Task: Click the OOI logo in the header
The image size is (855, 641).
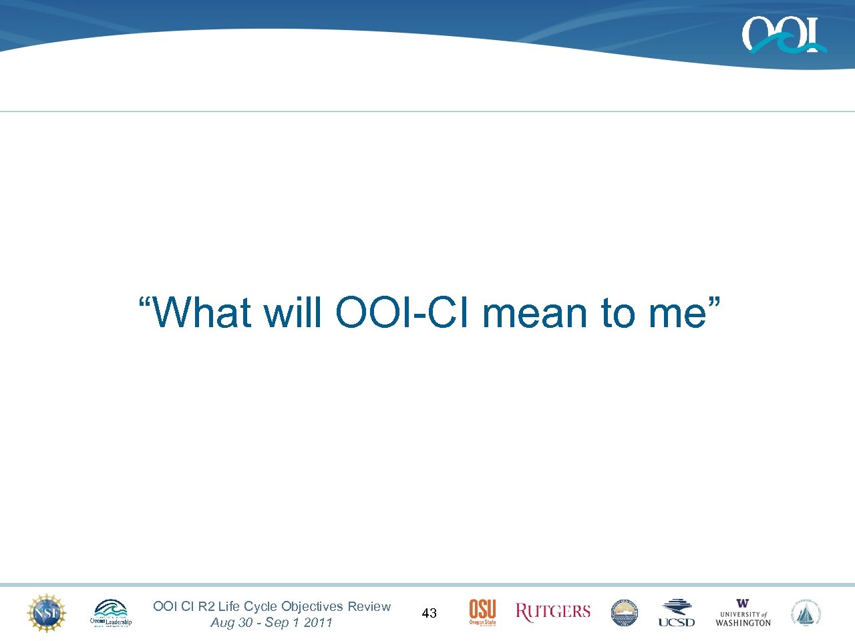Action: click(783, 35)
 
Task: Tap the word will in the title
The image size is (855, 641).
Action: click(293, 312)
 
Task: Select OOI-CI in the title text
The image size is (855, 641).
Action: click(404, 312)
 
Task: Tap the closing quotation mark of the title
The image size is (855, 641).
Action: click(714, 304)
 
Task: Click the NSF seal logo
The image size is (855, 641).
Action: click(46, 613)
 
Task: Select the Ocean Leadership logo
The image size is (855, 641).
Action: click(111, 613)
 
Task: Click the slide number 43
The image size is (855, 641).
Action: click(430, 613)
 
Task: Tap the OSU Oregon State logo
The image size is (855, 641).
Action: click(482, 612)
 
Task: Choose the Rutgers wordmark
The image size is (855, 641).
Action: click(553, 612)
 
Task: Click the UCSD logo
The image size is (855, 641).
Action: click(677, 613)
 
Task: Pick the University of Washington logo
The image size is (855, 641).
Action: click(743, 613)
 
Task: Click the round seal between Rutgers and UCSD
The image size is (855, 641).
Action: click(625, 613)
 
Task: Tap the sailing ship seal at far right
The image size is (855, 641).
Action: click(807, 613)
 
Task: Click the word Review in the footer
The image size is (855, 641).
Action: click(369, 606)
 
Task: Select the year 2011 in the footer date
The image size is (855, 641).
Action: click(318, 622)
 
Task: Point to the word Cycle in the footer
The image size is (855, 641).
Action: click(261, 606)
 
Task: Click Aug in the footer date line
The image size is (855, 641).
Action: click(222, 623)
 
